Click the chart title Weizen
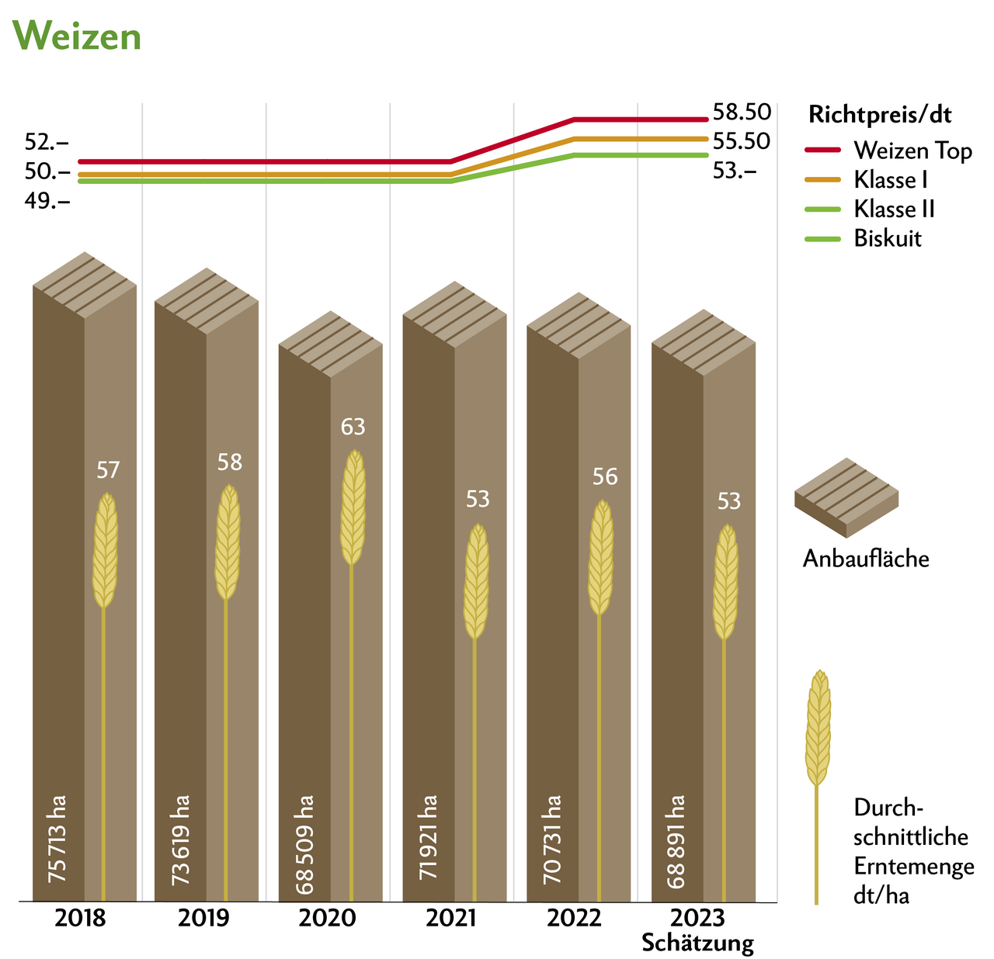[78, 36]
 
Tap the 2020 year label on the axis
[328, 919]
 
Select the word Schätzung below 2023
[698, 943]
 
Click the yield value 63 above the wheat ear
[353, 427]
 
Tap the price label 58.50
[742, 113]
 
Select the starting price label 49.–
[47, 201]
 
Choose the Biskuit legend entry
[888, 238]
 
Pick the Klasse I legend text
[891, 180]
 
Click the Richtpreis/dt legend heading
[881, 115]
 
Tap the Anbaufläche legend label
[866, 559]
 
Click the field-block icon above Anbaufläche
[846, 497]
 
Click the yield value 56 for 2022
[605, 476]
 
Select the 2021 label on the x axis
[452, 919]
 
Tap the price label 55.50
[742, 141]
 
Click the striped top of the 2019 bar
[206, 301]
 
